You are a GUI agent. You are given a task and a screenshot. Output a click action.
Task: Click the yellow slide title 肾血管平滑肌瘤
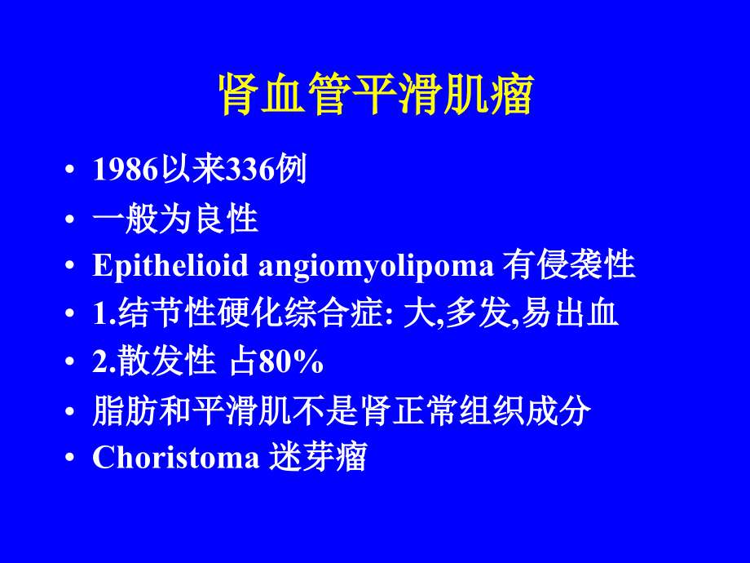376,95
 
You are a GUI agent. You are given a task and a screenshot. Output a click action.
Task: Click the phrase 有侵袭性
569,266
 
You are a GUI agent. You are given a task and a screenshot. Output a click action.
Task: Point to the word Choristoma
175,458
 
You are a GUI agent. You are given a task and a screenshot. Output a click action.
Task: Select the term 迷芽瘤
317,458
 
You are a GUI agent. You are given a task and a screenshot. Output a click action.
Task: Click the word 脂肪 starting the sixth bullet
117,410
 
